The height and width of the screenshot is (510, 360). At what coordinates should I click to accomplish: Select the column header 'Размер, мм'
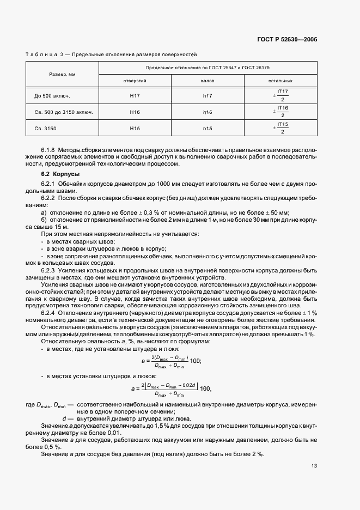pos(62,74)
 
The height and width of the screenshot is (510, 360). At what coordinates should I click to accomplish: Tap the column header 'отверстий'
pos(135,81)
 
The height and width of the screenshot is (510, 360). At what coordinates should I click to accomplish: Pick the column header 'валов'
pos(208,81)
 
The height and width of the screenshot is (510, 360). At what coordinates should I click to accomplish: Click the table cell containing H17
pos(135,96)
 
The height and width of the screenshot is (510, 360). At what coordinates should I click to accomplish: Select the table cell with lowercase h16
pos(208,112)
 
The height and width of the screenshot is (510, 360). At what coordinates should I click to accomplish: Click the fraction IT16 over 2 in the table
pos(282,112)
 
